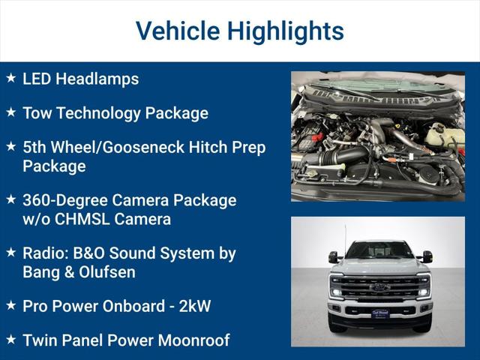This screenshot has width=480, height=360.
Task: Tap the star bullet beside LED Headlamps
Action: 10,78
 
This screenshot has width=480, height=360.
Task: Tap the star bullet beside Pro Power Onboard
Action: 10,305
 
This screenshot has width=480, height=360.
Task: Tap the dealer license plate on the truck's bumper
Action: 380,313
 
